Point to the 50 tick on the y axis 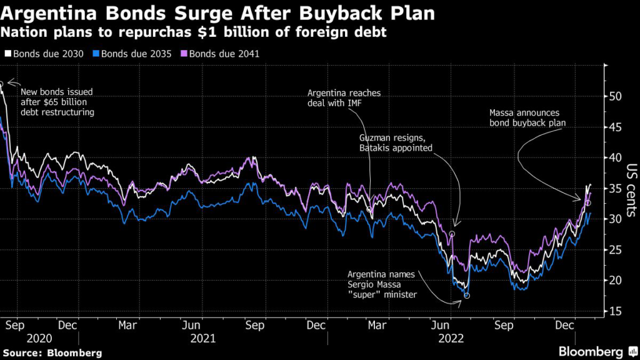pyautogui.click(x=616, y=97)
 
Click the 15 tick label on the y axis pyautogui.click(x=616, y=311)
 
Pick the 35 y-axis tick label pyautogui.click(x=616, y=189)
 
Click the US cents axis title pyautogui.click(x=631, y=187)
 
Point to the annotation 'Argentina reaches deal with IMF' pyautogui.click(x=344, y=98)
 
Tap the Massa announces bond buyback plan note pyautogui.click(x=527, y=118)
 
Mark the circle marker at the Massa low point pyautogui.click(x=467, y=296)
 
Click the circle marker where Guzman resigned pyautogui.click(x=452, y=233)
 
